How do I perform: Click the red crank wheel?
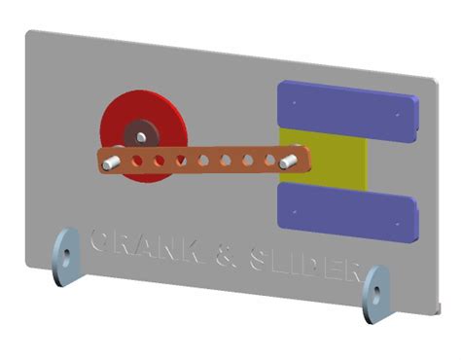pos(121,116)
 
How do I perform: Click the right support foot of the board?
pos(374,292)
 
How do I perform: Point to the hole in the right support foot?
pos(372,290)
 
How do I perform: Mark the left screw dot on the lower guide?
pos(291,194)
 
